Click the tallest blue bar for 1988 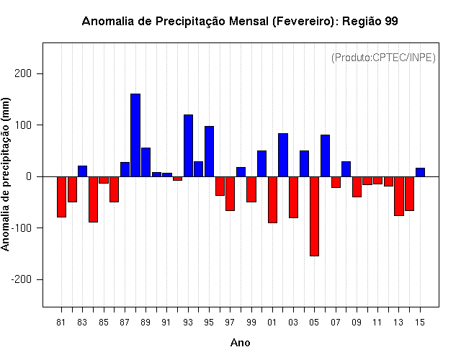[x=135, y=135]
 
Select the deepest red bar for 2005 [x=314, y=216]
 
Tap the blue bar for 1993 [x=188, y=145]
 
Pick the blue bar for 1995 [x=210, y=151]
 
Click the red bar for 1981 [x=61, y=197]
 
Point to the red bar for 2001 [x=272, y=200]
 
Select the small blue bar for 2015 [x=420, y=172]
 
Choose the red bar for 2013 [x=399, y=196]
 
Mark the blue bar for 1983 [x=82, y=171]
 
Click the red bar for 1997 [x=230, y=194]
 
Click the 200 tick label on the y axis [x=23, y=73]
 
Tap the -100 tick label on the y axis [x=21, y=228]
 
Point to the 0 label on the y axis [x=29, y=176]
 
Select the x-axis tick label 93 [x=188, y=323]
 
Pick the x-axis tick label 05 [x=314, y=323]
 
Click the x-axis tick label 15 [x=420, y=323]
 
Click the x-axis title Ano [x=240, y=343]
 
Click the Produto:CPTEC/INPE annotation [x=383, y=58]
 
